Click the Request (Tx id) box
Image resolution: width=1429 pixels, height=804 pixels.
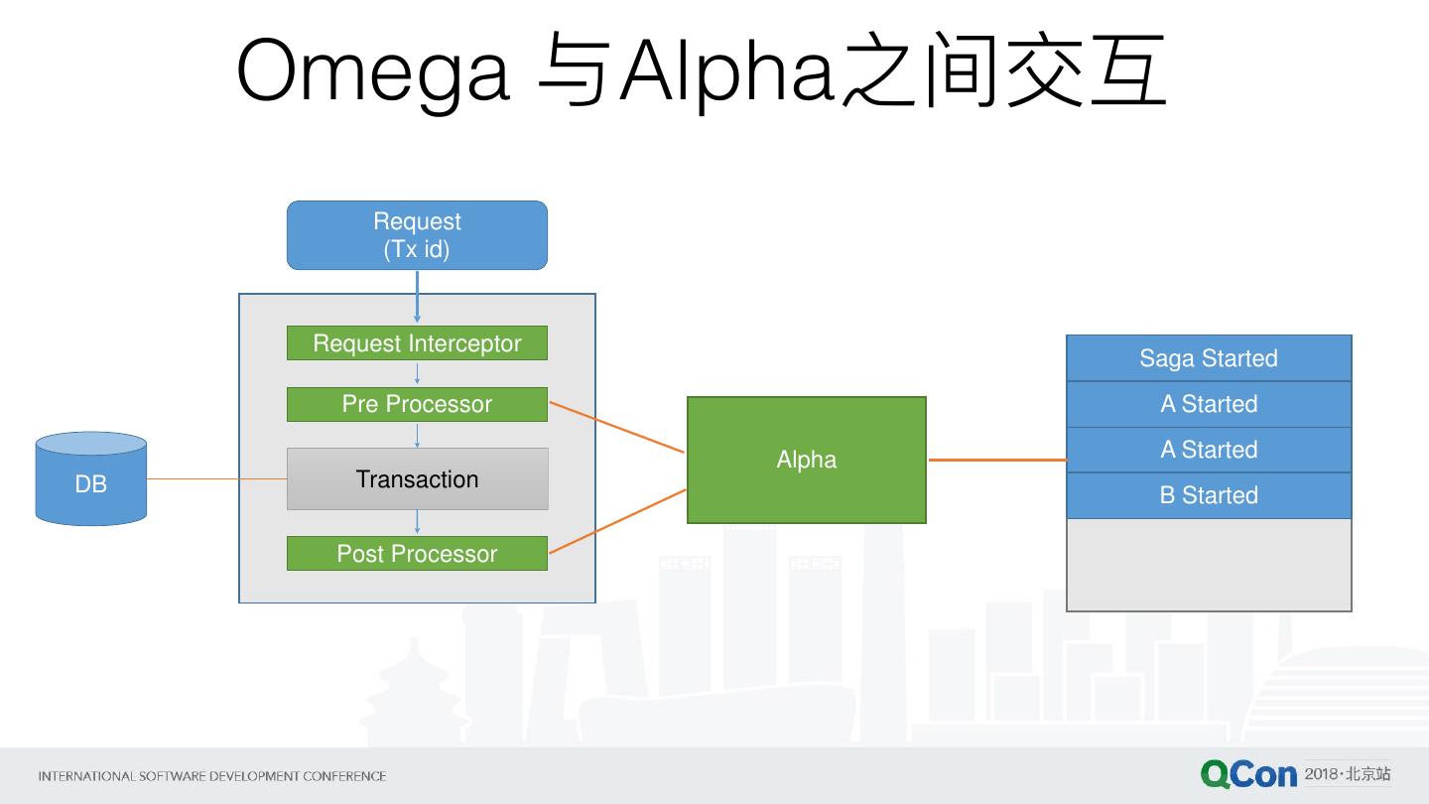coord(417,235)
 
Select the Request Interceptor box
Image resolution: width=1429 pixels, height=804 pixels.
coord(417,343)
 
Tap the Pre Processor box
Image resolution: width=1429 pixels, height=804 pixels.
coord(417,404)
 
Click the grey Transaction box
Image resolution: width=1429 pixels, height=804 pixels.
coord(417,479)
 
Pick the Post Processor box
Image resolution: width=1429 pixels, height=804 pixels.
coord(417,554)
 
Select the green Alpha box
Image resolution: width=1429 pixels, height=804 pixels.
coord(806,460)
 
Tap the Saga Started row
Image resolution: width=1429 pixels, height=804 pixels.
coord(1209,358)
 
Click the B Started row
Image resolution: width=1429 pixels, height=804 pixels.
coord(1209,495)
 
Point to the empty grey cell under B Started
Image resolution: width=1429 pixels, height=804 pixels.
coord(1209,564)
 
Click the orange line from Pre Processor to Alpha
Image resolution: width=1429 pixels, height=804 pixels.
coord(616,427)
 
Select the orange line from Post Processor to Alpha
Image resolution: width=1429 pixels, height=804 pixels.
coord(616,521)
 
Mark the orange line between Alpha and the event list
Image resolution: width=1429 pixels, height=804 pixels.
coord(996,460)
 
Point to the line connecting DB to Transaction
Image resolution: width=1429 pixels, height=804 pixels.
coord(216,478)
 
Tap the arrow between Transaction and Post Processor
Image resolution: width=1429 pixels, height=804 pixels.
coord(417,523)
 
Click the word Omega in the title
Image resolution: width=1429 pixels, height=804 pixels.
coord(373,71)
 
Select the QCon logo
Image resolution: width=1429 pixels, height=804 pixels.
coord(1248,774)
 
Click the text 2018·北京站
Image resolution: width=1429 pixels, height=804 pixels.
coord(1348,773)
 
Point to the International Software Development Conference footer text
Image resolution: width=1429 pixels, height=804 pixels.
coord(211,776)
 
